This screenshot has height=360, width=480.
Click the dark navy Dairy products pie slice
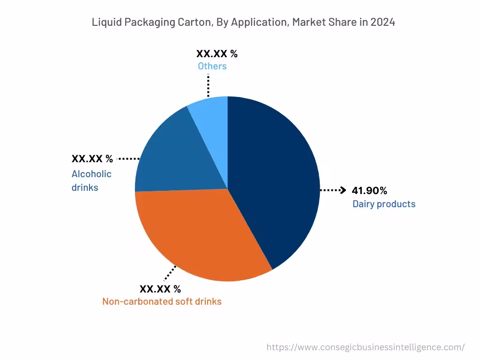(x=272, y=178)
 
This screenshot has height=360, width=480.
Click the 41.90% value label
(x=369, y=190)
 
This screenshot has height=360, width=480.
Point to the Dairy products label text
(x=383, y=204)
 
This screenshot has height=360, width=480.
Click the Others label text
(x=212, y=66)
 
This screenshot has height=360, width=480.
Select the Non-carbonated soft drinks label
(x=162, y=301)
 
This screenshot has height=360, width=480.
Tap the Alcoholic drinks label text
(x=91, y=180)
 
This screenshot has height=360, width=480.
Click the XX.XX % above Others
(x=217, y=53)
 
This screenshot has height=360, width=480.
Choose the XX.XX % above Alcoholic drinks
(x=92, y=158)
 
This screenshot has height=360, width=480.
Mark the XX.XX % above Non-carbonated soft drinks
(x=160, y=289)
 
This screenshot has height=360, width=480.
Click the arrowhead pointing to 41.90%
(x=343, y=190)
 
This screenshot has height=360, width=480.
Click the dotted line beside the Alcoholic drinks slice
(x=128, y=159)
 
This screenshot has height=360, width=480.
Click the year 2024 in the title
(x=382, y=22)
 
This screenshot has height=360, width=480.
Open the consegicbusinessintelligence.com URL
(x=366, y=347)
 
